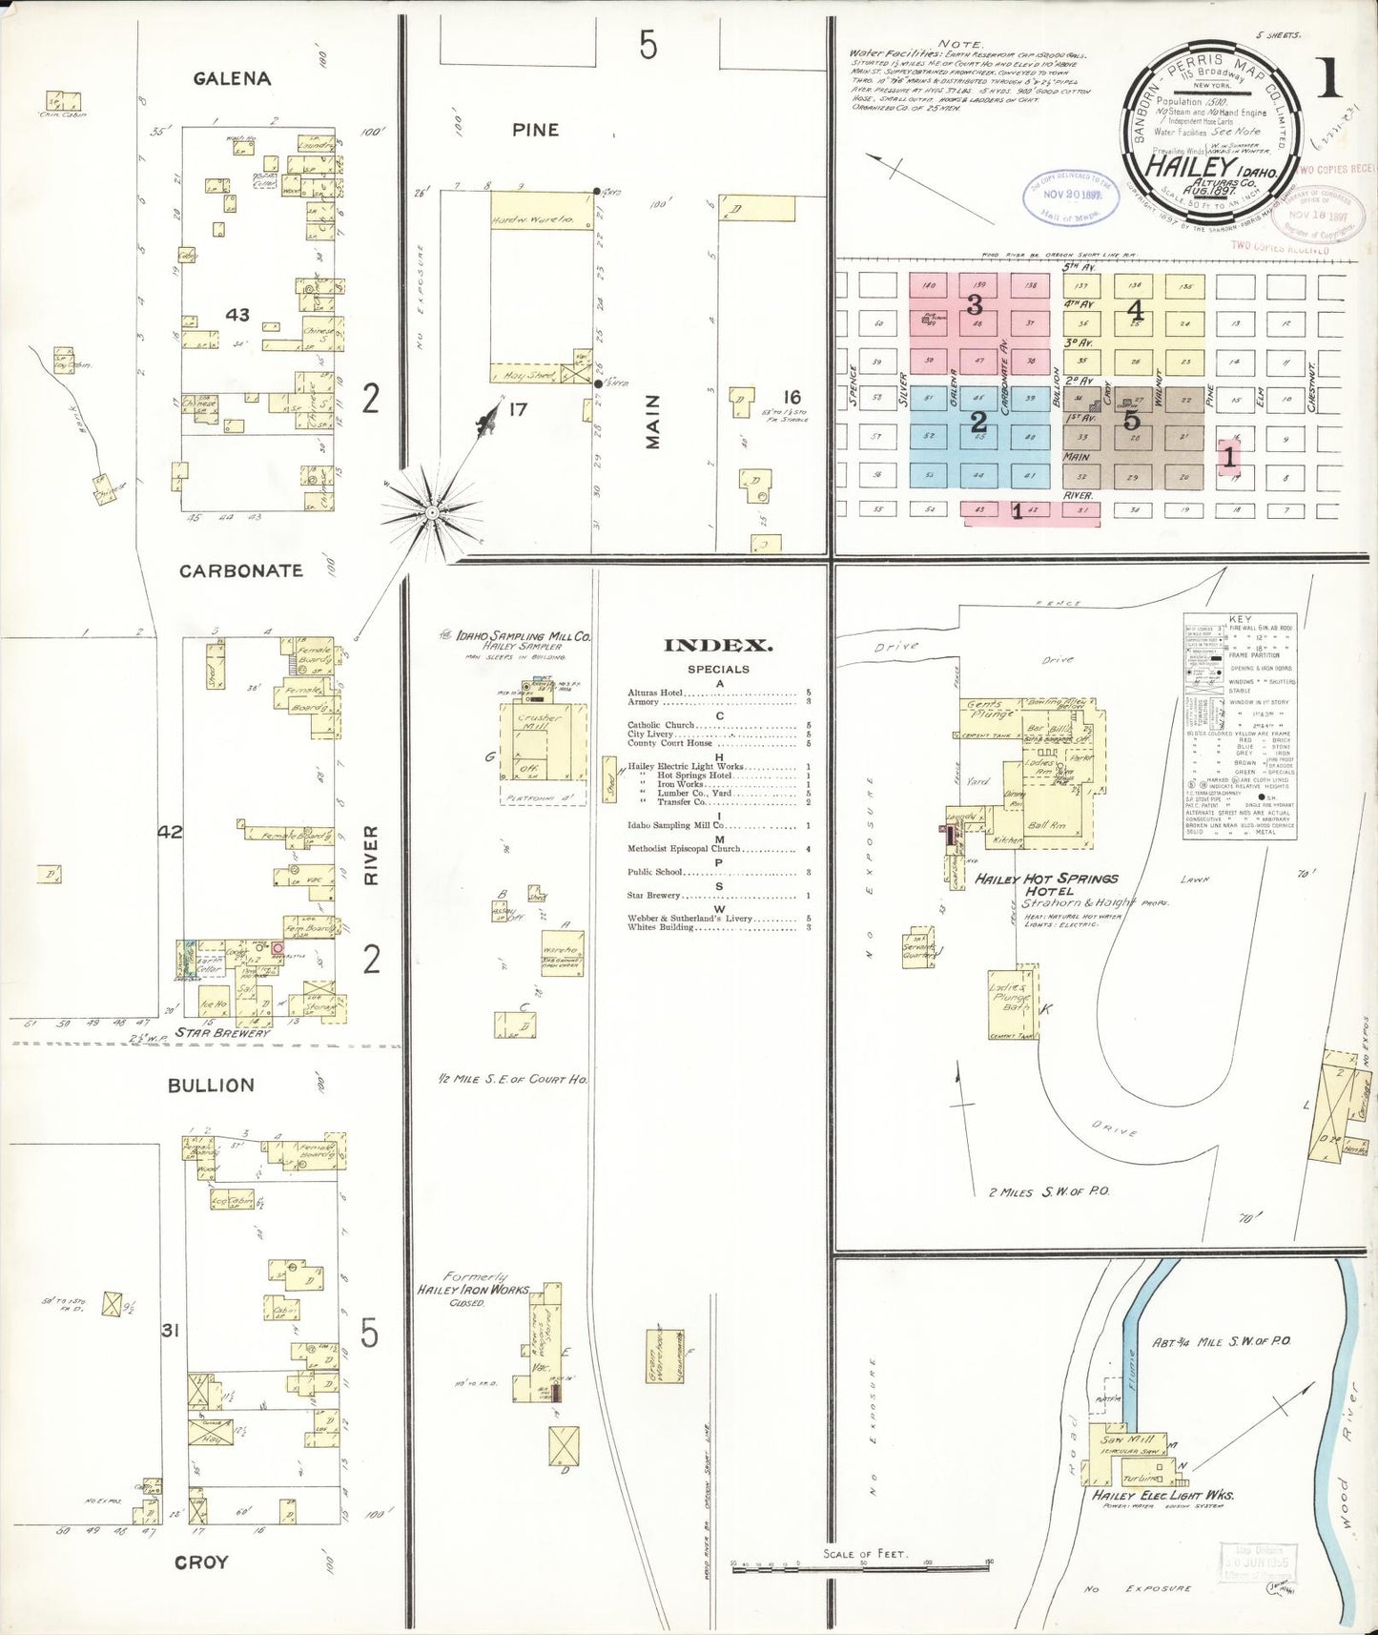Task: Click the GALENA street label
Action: click(232, 78)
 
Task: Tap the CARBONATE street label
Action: click(241, 570)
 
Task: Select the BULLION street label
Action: click(211, 1086)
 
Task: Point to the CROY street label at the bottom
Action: click(201, 1563)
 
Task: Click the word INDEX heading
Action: click(718, 646)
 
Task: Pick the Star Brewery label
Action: click(223, 1032)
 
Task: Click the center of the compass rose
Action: click(432, 513)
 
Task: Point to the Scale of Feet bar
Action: click(861, 1567)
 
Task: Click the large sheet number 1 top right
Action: click(1328, 78)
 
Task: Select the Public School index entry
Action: click(655, 872)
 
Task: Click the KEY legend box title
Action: click(1240, 619)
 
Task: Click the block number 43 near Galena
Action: click(237, 315)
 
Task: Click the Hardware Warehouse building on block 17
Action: click(531, 219)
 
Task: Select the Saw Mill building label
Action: click(1128, 1439)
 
